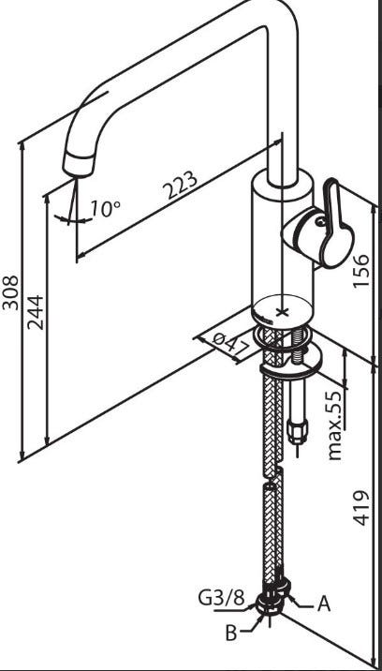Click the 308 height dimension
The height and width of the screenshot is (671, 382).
click(10, 292)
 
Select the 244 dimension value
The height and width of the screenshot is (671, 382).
click(36, 312)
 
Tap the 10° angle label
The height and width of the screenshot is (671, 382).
click(105, 208)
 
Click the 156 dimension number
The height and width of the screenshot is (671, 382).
click(362, 271)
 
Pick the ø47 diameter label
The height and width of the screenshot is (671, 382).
click(231, 343)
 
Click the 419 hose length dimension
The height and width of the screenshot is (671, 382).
click(362, 508)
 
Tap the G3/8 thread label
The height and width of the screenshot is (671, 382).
click(221, 598)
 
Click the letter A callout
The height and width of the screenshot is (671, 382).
click(324, 604)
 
